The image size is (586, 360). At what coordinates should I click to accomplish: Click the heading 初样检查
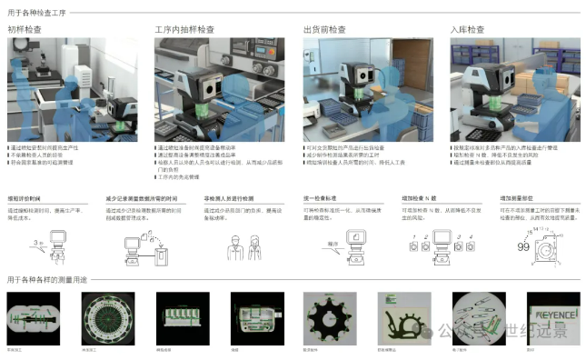[26, 29]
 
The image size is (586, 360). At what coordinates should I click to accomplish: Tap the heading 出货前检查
[324, 29]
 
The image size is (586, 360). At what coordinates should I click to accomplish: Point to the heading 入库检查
[468, 29]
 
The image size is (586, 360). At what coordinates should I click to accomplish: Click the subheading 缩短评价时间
[25, 197]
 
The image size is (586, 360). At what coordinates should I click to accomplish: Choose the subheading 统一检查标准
[319, 197]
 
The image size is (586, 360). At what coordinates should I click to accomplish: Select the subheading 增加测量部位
[516, 197]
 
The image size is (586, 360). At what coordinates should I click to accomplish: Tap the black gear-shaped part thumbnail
[326, 315]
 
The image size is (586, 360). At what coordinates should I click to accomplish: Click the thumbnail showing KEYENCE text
[549, 315]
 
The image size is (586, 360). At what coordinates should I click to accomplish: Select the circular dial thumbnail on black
[102, 315]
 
